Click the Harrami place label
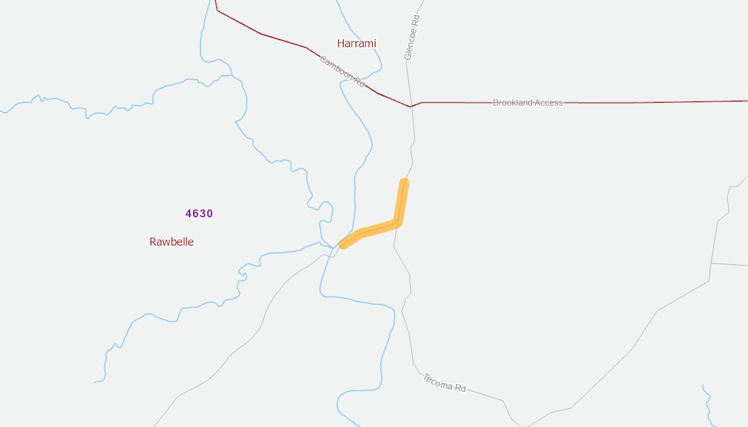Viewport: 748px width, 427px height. (x=356, y=43)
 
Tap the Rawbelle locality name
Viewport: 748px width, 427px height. (x=171, y=242)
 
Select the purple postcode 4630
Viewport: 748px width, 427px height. (x=199, y=213)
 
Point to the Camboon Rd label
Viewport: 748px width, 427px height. (x=342, y=71)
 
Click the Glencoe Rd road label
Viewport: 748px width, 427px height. (x=412, y=38)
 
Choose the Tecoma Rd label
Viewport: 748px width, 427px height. (x=445, y=382)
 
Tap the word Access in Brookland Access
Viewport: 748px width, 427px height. (x=549, y=102)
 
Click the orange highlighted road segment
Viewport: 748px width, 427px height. (x=377, y=228)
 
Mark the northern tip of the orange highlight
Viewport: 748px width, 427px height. (x=404, y=183)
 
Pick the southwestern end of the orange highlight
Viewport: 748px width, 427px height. (x=343, y=245)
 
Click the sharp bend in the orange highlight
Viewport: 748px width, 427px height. (x=398, y=222)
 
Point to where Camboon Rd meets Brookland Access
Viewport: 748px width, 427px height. (x=411, y=107)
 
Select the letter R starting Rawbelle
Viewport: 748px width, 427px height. (x=153, y=242)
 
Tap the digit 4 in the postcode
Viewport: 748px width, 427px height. (x=188, y=213)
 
